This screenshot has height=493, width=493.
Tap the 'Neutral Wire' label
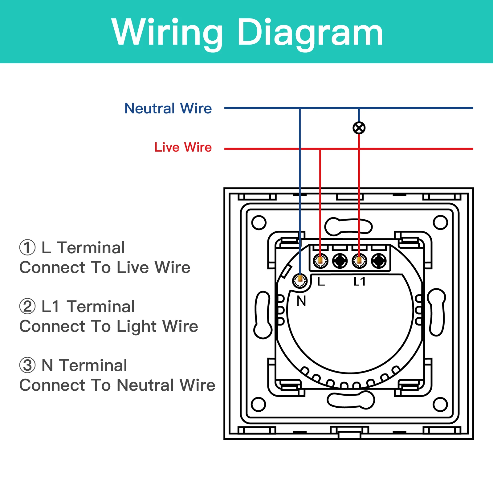coord(168,108)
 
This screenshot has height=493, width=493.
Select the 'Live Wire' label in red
coord(183,147)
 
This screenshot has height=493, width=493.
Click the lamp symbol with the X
coord(359,128)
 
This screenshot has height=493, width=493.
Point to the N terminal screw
coord(300,280)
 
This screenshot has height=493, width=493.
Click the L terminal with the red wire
coord(320,261)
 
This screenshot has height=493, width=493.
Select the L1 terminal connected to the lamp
coord(359,261)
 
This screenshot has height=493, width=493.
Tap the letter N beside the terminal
coord(301,301)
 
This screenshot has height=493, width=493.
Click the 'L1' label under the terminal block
coord(359,281)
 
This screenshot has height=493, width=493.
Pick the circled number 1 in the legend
coord(27,248)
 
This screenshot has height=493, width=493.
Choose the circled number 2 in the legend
coord(27,307)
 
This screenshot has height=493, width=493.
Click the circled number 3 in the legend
coord(27,365)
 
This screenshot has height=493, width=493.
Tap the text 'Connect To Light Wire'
coord(109,327)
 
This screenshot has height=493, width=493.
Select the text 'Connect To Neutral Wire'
coord(117,385)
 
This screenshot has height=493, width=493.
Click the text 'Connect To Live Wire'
coord(105,267)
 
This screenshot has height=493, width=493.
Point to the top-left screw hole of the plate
coord(259,222)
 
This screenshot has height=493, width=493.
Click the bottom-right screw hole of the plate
coord(440,405)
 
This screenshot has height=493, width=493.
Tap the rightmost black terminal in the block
coord(379,261)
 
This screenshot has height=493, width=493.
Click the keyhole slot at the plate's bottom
coord(351,400)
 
